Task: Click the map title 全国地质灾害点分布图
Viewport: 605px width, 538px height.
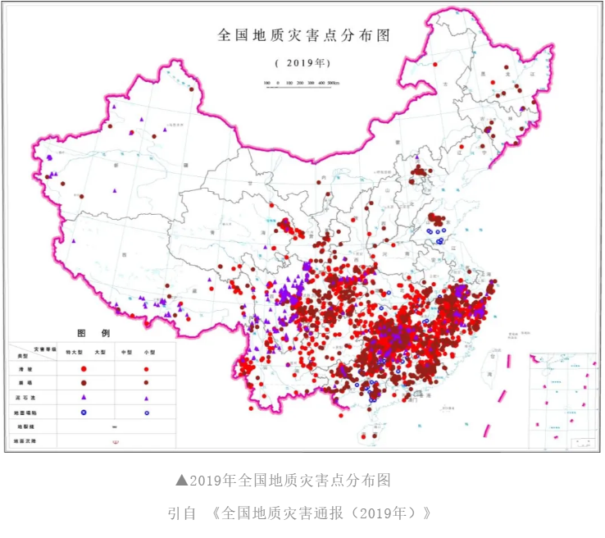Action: pyautogui.click(x=302, y=36)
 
